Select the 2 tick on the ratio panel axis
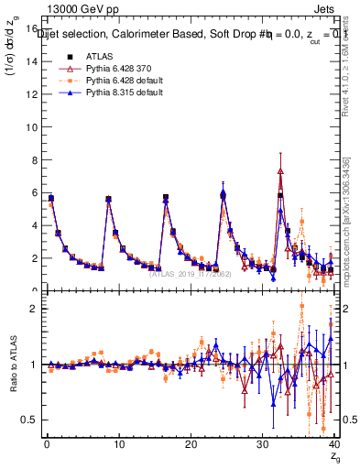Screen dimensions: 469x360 coord(32,309)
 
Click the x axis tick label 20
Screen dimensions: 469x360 coord(190,443)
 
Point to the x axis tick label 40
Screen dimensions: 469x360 coord(333,443)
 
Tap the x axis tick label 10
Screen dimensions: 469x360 coord(118,443)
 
